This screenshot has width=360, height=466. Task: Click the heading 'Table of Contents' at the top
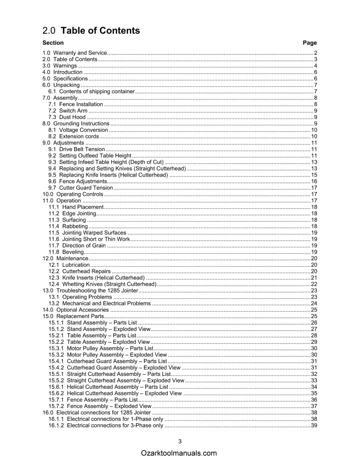101,31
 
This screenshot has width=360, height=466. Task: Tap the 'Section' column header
53,43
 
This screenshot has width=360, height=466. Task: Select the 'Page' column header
310,43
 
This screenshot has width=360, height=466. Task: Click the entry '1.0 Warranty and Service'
74,53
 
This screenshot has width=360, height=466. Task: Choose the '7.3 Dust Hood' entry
67,117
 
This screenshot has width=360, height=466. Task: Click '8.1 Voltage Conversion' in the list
78,130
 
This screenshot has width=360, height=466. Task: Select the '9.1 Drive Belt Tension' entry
77,149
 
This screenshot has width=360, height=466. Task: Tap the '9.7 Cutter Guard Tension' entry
80,188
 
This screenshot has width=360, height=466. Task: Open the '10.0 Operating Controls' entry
73,194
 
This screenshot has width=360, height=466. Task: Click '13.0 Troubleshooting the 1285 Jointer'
90,290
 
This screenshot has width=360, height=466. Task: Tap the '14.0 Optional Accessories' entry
75,310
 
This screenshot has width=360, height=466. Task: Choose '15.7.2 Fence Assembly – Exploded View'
100,406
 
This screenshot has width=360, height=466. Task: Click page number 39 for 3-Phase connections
314,425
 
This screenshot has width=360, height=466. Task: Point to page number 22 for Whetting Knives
314,284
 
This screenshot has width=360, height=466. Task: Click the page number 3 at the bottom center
180,441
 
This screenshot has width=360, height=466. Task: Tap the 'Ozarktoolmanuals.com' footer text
179,453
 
